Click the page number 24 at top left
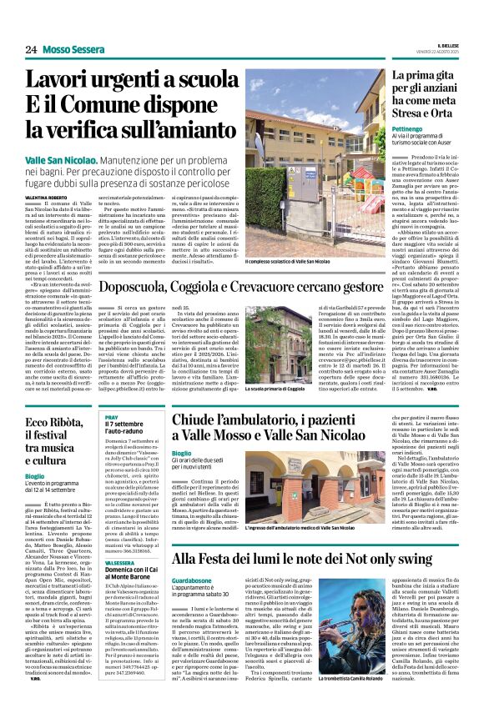31,49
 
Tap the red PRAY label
112,416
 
